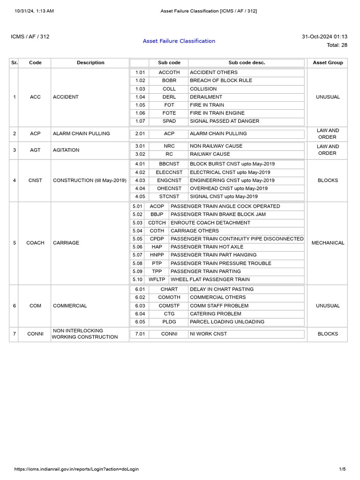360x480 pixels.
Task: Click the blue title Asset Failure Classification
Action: coord(179,41)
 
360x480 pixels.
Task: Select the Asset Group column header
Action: coord(328,62)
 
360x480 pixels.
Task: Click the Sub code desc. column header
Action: coord(247,62)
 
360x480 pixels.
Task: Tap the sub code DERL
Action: coord(169,97)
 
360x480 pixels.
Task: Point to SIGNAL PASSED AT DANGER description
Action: coord(224,121)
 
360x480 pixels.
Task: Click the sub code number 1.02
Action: coord(140,81)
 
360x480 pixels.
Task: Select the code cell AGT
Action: coord(35,150)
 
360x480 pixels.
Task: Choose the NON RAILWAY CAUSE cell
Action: coord(216,146)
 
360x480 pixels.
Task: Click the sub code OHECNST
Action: coord(169,188)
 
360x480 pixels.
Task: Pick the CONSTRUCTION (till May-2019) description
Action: coord(90,180)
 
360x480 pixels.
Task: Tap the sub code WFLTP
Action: coord(157,279)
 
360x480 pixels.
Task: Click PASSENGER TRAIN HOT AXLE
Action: coord(207,247)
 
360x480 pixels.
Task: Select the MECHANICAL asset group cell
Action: coord(328,243)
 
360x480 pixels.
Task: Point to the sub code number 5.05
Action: coord(137,239)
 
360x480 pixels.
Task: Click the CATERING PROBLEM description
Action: coord(215,314)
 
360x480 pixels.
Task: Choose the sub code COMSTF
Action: coord(169,306)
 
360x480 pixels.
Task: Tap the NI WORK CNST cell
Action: coord(208,334)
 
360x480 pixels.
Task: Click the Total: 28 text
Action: coord(337,45)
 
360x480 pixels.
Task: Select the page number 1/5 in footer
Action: coord(342,469)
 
